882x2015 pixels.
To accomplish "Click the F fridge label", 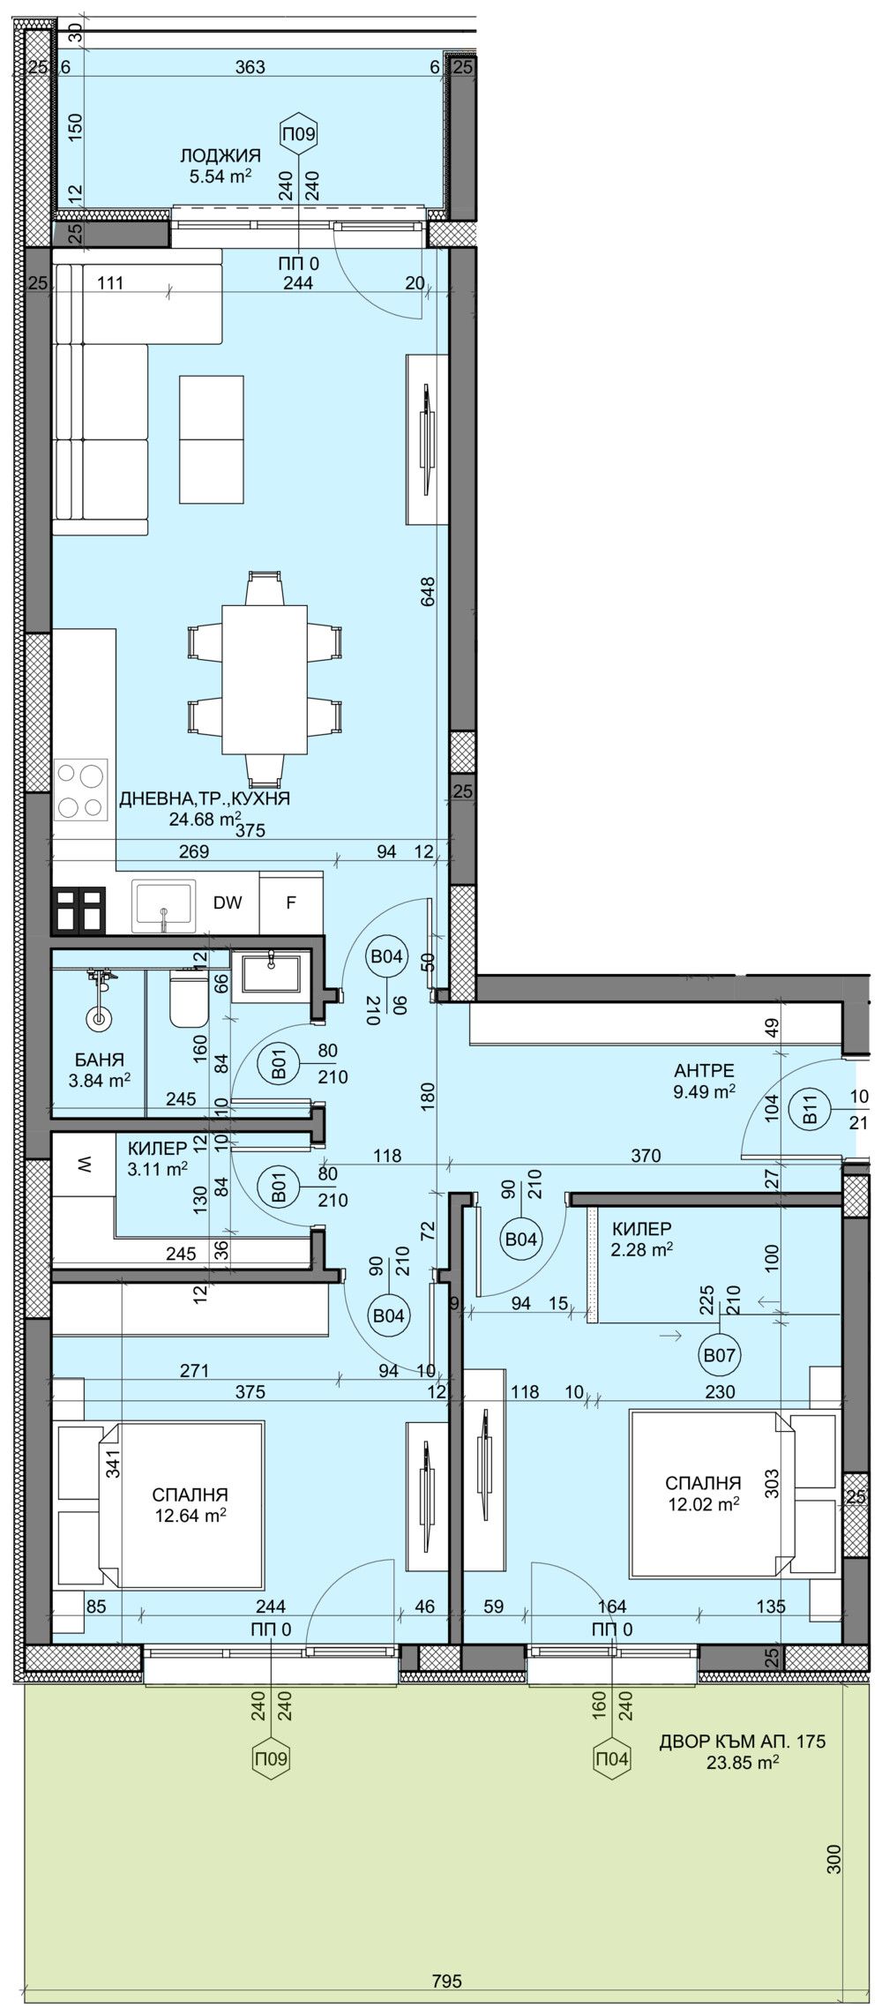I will pyautogui.click(x=290, y=903).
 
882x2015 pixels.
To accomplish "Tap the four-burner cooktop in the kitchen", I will pyautogui.click(x=82, y=790).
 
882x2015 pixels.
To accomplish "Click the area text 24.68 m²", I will pyautogui.click(x=204, y=818).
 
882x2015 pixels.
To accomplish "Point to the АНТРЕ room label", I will pyautogui.click(x=704, y=1072).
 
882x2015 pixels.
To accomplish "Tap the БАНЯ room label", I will pyautogui.click(x=100, y=1060).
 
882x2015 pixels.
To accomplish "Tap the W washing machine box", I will pyautogui.click(x=83, y=1165).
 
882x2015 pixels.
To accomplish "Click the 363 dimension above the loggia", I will pyautogui.click(x=252, y=67).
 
